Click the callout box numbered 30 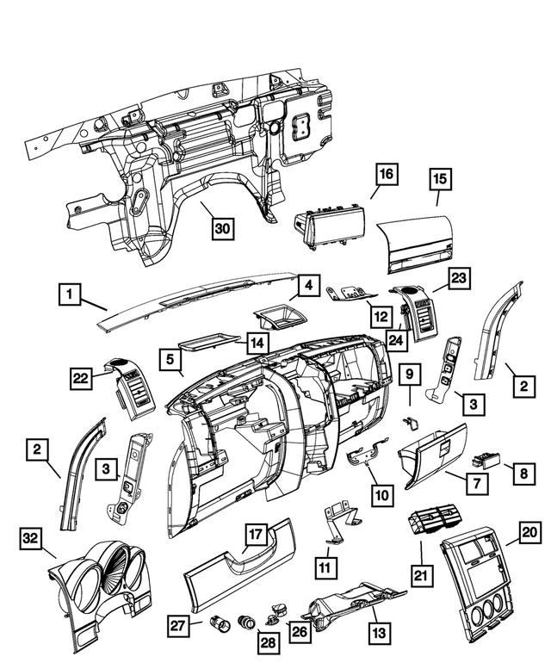(x=223, y=228)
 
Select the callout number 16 (x=386, y=175)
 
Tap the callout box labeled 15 (x=440, y=180)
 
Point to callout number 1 (x=71, y=295)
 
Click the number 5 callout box (x=171, y=357)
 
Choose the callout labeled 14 (x=257, y=343)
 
